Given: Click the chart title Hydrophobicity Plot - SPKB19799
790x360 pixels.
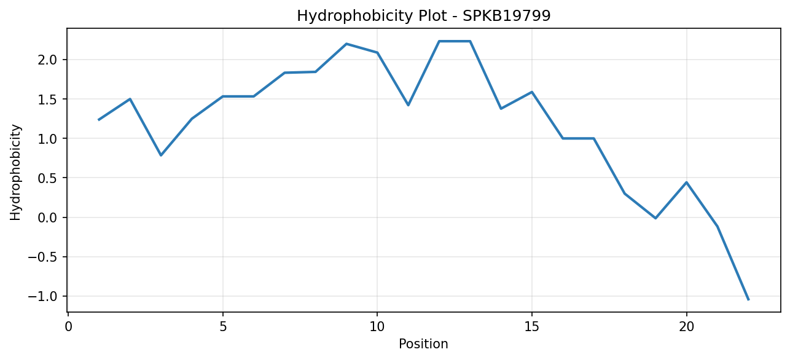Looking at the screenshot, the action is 424,16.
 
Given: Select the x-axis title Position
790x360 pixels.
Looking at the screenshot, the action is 423,344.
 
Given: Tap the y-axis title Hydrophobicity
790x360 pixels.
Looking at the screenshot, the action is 15,173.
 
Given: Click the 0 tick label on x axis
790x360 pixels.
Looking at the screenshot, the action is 68,327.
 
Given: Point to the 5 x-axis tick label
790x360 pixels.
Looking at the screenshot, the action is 223,327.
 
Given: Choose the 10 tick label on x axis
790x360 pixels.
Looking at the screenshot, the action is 377,327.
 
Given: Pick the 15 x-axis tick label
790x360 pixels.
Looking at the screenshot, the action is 532,327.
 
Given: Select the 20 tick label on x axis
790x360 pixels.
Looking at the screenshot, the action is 686,327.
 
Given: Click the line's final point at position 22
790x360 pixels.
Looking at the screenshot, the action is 748,300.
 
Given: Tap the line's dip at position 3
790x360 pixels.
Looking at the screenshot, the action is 161,155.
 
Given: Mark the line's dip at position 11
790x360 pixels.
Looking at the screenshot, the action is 408,105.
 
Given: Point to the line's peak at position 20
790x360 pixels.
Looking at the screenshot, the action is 686,182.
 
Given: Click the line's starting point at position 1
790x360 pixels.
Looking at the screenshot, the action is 99,120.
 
